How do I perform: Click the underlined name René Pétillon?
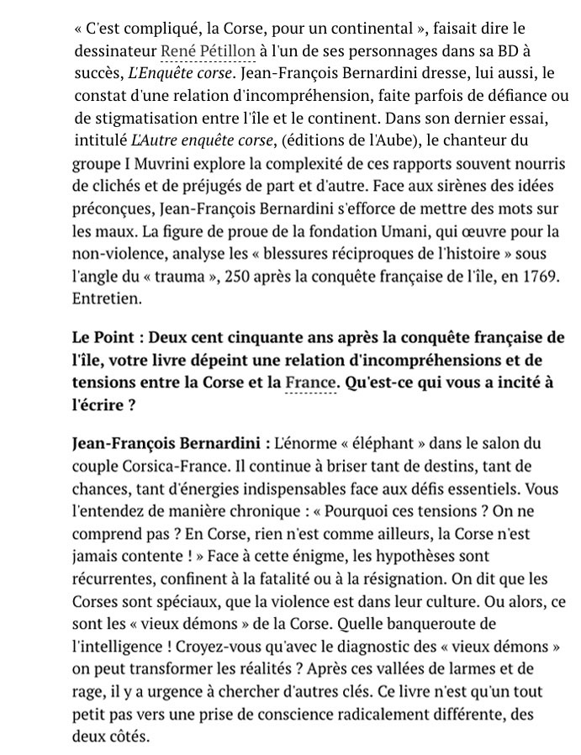[x=208, y=52]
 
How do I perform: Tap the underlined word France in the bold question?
[x=310, y=382]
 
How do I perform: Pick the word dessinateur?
[x=114, y=52]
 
